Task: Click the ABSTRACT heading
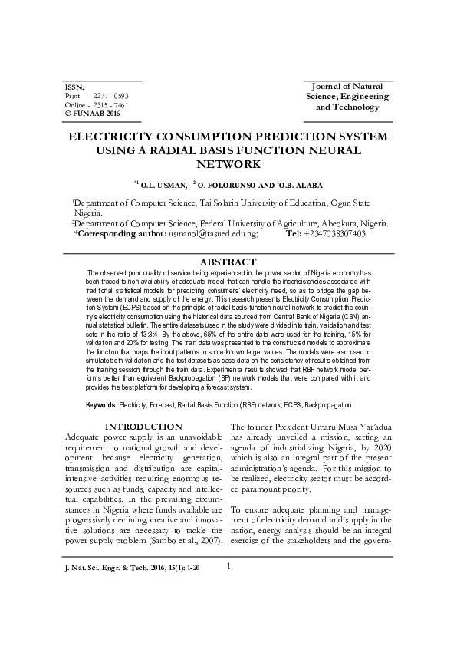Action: [x=228, y=262]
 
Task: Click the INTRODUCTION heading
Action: [x=143, y=427]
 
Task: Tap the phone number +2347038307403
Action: [x=334, y=233]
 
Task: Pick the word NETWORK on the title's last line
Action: [x=228, y=164]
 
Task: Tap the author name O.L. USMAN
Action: [x=163, y=185]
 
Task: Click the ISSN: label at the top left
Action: [x=74, y=87]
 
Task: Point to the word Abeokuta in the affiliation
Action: [x=332, y=223]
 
